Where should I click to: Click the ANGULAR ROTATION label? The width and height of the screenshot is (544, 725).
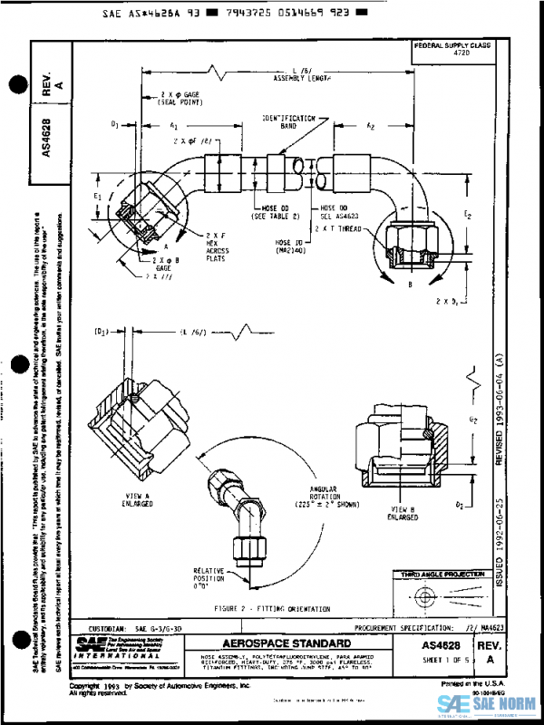323,493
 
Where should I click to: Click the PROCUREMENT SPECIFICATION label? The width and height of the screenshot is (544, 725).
403,627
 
